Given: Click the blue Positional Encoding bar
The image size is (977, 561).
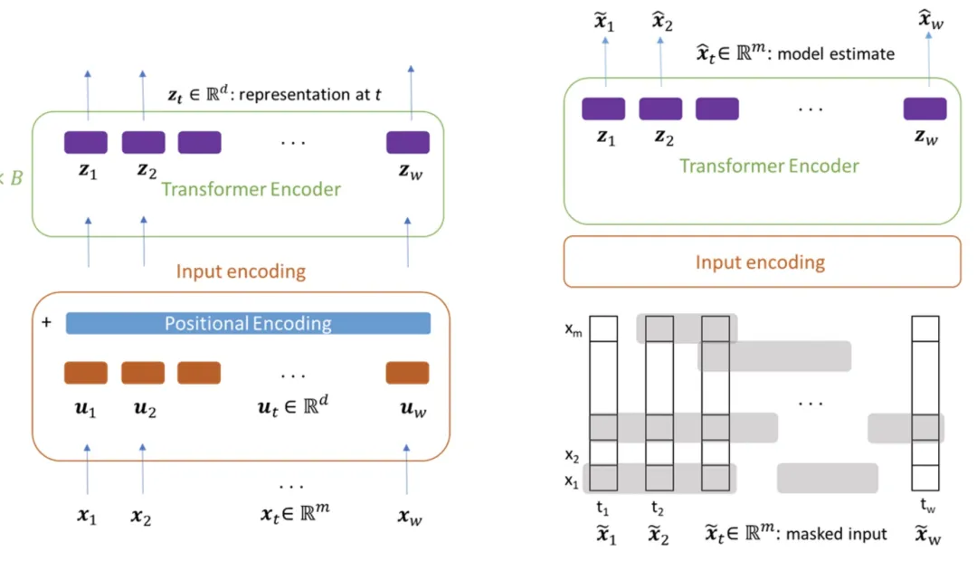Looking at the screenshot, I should pos(248,323).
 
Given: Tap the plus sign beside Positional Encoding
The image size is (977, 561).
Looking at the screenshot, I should pos(45,322).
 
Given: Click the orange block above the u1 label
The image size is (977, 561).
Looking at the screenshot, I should pos(86,373).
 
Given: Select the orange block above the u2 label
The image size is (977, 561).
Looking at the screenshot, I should pos(143,373).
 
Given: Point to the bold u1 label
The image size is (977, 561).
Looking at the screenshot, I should pos(86,410).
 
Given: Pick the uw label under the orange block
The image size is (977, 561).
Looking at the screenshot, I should pos(408,410).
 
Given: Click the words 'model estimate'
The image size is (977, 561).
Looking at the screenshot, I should pos(836,53).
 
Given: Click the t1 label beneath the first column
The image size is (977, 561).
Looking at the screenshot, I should pos(602,508).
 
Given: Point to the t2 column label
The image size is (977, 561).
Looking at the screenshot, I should pos(659,508).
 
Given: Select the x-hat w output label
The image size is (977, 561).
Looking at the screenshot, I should pos(931,20).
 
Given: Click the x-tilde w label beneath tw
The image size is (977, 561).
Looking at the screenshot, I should pos(926,535).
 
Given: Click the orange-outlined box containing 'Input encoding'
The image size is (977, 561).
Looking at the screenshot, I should pos(761,262).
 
